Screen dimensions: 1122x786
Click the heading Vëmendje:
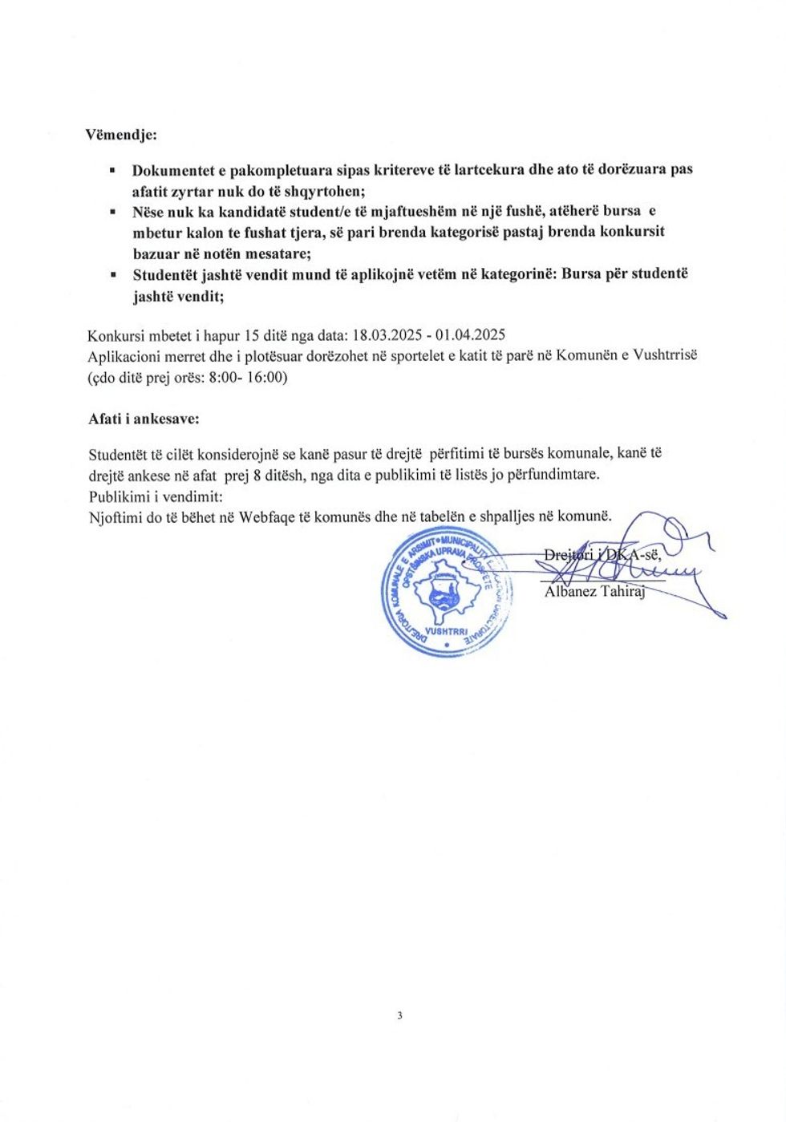(x=121, y=135)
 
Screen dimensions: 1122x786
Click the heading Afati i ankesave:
(x=144, y=419)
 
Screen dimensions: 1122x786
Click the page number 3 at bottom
(x=399, y=1015)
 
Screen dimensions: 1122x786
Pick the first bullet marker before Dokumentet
(x=112, y=171)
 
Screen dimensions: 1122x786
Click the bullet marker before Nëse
(x=112, y=213)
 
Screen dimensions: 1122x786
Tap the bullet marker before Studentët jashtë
(x=112, y=275)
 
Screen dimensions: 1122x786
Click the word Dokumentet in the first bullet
(x=171, y=170)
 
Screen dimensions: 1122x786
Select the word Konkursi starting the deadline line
(x=114, y=335)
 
